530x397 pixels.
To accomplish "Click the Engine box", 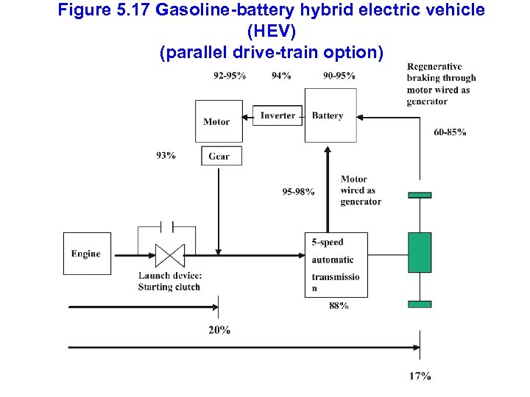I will point(85,254).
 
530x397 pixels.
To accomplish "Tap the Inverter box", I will point(278,115).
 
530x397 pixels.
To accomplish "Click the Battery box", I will point(331,115).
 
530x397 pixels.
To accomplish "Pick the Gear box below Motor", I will point(220,156).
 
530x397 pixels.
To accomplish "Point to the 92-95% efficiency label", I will point(229,76).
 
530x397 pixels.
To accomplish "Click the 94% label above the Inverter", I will point(281,76).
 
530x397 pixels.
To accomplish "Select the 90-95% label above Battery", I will point(339,76).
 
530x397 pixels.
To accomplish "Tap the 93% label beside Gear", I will point(166,155).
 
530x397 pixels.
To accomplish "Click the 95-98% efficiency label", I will point(298,192).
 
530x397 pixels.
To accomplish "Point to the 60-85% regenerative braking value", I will point(449,132).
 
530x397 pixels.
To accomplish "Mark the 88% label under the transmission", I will point(339,306).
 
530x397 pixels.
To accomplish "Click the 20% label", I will point(219,330).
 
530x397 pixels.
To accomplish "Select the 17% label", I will point(420,376).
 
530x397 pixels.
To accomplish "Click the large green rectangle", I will point(420,252).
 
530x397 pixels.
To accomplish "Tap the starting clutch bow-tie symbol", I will point(170,255).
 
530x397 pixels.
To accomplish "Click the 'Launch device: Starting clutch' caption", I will point(169,282).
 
